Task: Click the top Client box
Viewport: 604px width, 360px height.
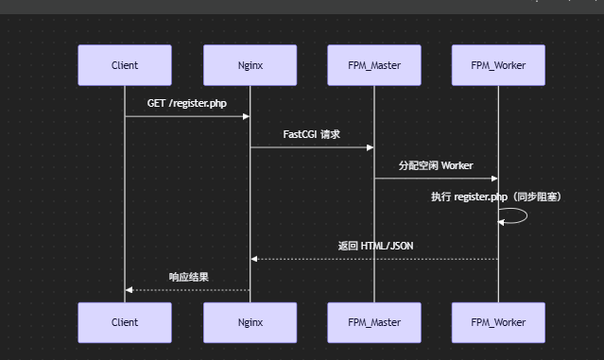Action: (x=125, y=65)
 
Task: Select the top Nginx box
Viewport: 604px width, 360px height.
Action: (x=250, y=65)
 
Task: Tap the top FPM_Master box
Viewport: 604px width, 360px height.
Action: (x=374, y=65)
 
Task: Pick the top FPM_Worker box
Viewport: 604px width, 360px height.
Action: (x=498, y=65)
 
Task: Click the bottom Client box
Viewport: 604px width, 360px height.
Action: (x=125, y=322)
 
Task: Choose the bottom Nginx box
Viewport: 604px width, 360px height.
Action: (x=250, y=322)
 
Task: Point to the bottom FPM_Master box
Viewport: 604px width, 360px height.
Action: (x=374, y=322)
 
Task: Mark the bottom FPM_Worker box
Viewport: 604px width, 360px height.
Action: (x=498, y=322)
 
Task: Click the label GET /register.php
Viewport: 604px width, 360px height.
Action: (x=187, y=102)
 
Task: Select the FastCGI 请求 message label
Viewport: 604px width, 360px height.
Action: (x=312, y=134)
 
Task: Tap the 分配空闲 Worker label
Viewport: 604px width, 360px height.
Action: (x=436, y=165)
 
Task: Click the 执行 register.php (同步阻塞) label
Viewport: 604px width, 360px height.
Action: (x=496, y=197)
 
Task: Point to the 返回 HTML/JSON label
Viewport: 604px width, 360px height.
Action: (x=375, y=246)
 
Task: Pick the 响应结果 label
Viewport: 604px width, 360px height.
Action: (x=188, y=277)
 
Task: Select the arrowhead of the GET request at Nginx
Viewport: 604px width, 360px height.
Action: (x=246, y=116)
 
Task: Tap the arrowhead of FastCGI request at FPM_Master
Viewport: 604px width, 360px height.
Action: (x=371, y=147)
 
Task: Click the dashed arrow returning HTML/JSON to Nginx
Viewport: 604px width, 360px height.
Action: (x=378, y=259)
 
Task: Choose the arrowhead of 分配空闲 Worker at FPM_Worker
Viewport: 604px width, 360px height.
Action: (x=494, y=179)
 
